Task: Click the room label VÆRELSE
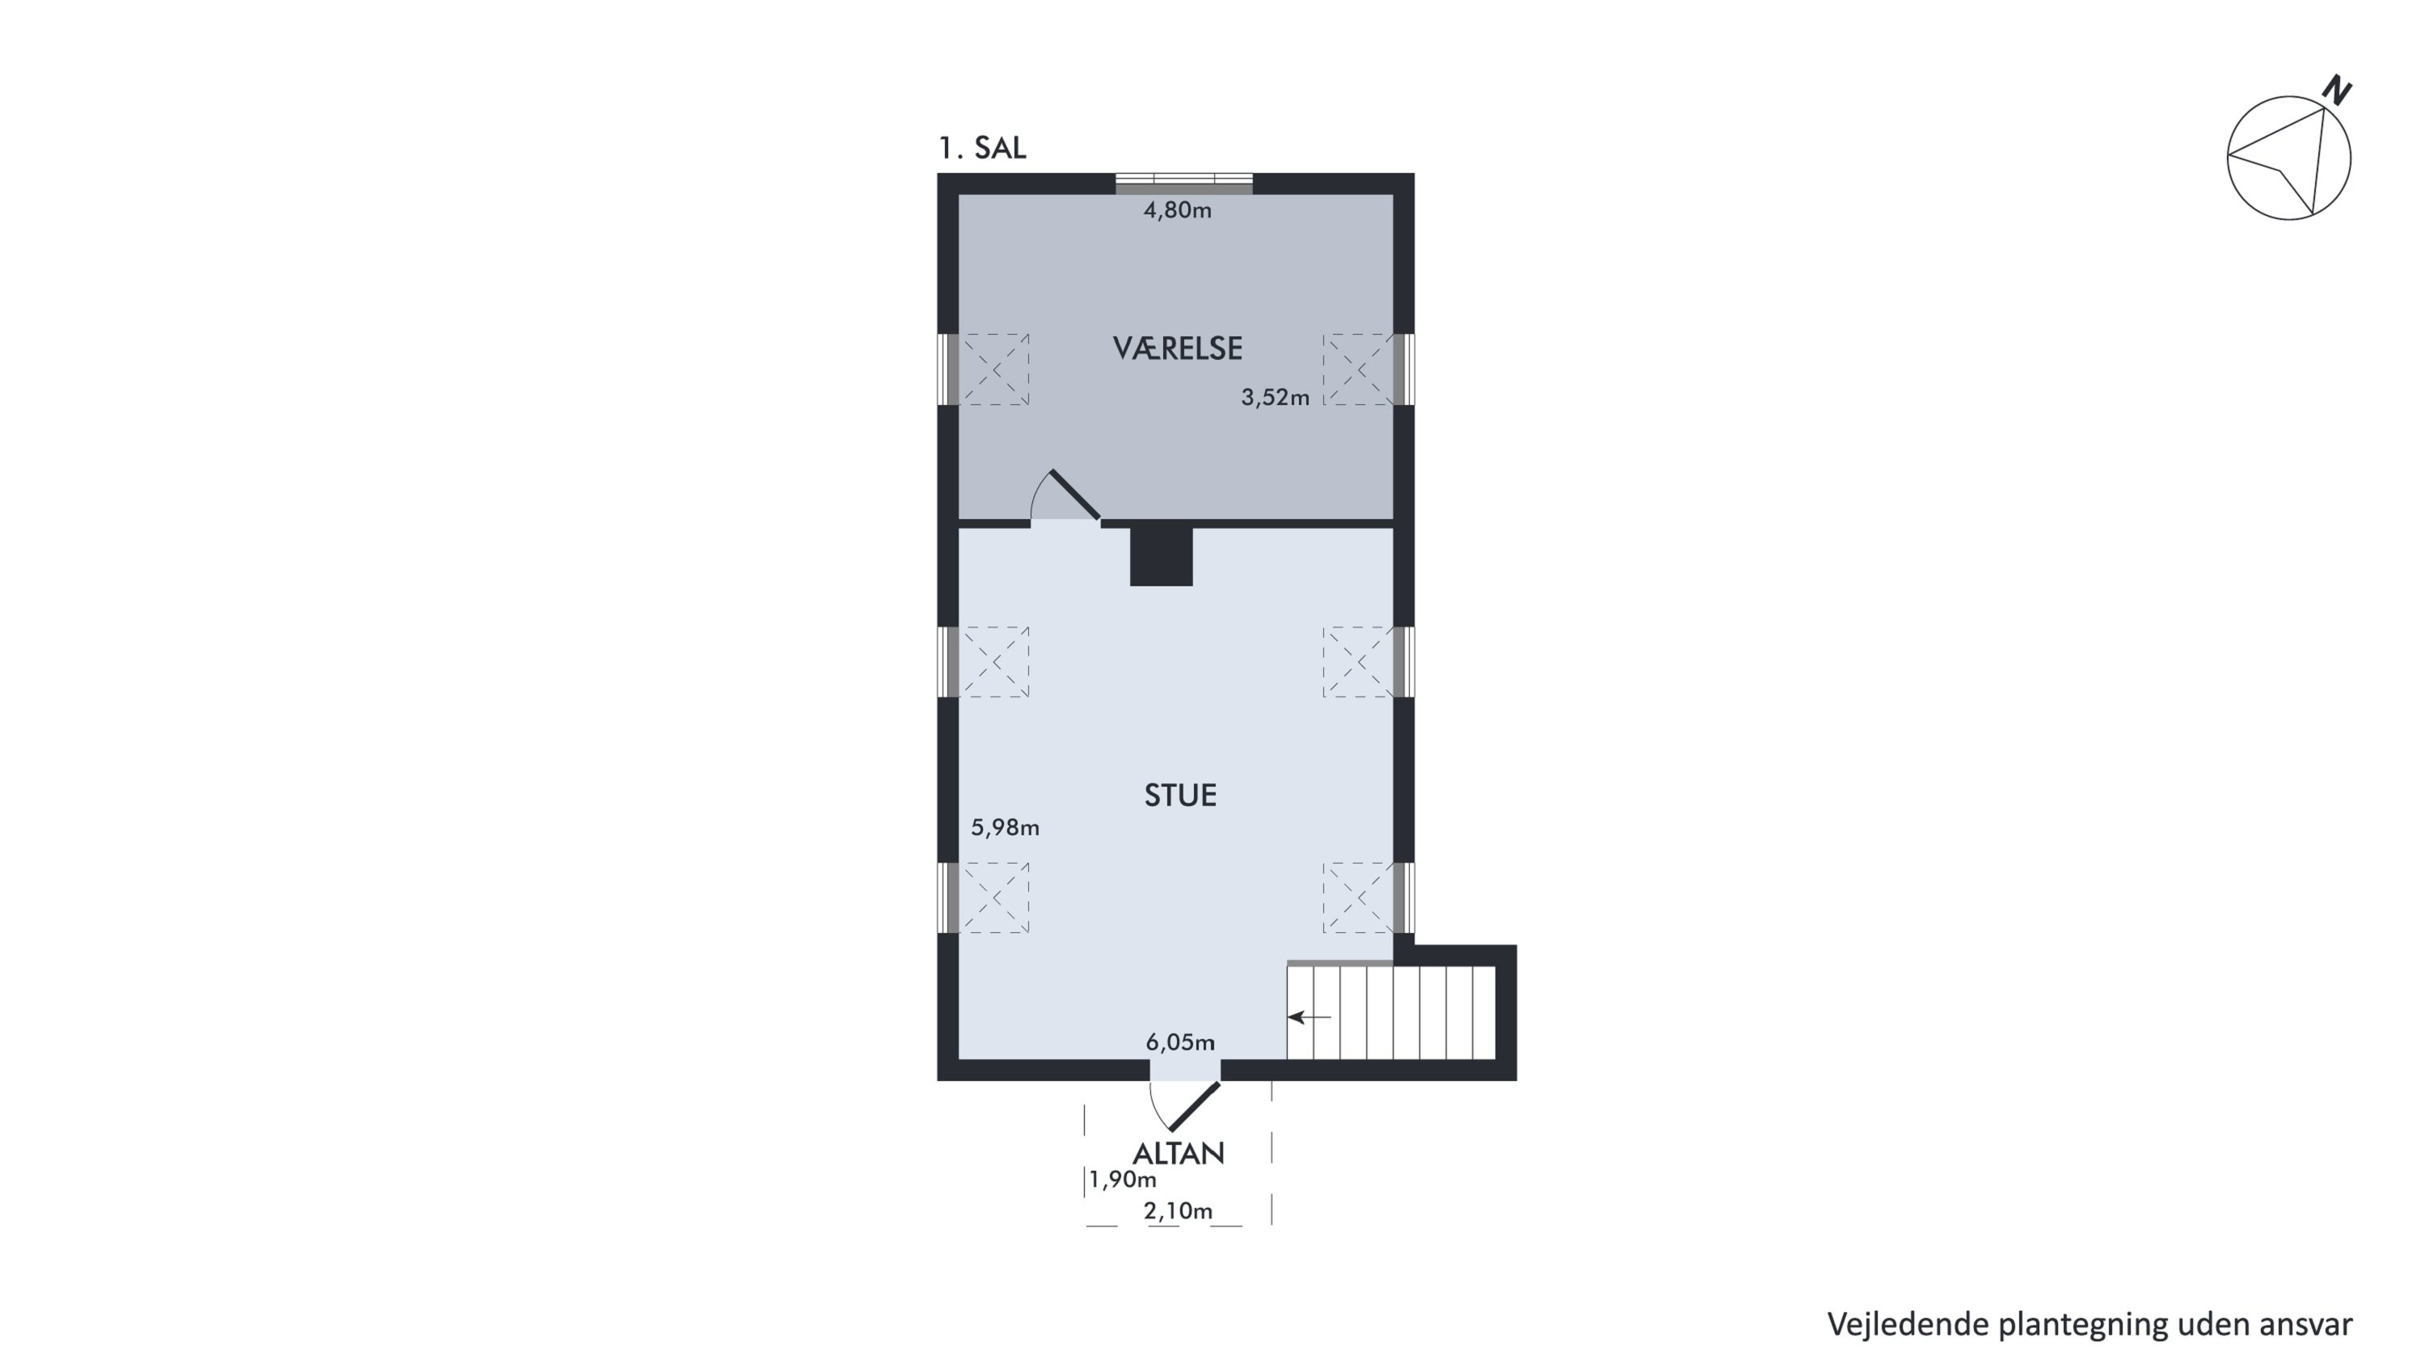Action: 1178,348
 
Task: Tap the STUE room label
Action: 1180,796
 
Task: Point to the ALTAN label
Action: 1179,1153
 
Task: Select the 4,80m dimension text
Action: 1178,210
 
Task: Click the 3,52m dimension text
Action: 1276,397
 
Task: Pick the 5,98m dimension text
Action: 1006,827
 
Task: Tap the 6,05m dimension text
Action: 1180,1042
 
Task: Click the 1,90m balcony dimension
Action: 1123,1180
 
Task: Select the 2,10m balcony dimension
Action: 1179,1211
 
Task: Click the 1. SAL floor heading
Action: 982,148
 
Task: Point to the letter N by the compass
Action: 2337,91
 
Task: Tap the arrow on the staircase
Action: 1309,1016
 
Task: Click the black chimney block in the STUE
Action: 1162,556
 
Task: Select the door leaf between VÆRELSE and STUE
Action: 1075,494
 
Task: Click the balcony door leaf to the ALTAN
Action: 1194,1107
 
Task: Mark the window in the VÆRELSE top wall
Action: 1184,184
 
